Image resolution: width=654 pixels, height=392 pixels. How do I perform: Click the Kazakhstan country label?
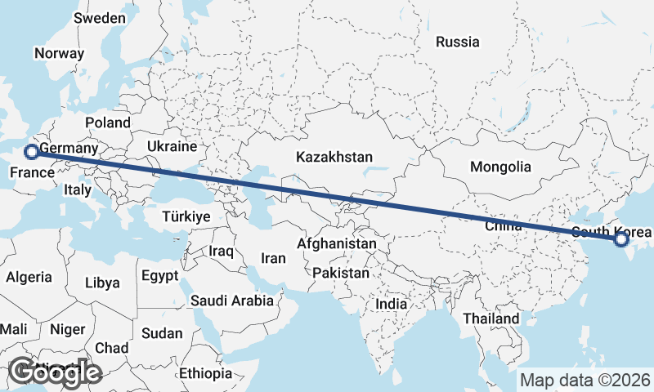click(x=334, y=157)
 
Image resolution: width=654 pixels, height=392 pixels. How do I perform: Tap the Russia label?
click(x=457, y=42)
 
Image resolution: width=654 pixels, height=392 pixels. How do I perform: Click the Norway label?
click(x=59, y=54)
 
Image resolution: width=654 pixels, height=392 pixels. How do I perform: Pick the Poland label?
click(x=107, y=122)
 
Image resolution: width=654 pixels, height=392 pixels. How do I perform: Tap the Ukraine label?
click(x=172, y=146)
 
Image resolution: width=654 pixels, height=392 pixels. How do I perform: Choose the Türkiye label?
click(x=186, y=216)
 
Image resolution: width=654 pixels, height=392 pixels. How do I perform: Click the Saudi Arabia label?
click(x=232, y=301)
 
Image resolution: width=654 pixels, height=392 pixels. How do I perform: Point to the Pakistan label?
click(x=341, y=273)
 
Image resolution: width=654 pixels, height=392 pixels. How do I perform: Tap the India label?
click(x=391, y=304)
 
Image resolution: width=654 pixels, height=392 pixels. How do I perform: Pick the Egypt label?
click(x=159, y=275)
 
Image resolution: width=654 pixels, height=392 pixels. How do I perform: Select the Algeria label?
click(x=29, y=277)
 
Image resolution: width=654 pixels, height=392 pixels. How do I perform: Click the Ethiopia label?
click(x=206, y=373)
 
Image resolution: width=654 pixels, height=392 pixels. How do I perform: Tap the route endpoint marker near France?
click(x=31, y=151)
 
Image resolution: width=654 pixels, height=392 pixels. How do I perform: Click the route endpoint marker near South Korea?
click(x=620, y=239)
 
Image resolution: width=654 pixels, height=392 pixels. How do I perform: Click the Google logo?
click(x=55, y=372)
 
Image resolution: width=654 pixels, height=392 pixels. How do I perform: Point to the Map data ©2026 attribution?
click(x=585, y=380)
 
